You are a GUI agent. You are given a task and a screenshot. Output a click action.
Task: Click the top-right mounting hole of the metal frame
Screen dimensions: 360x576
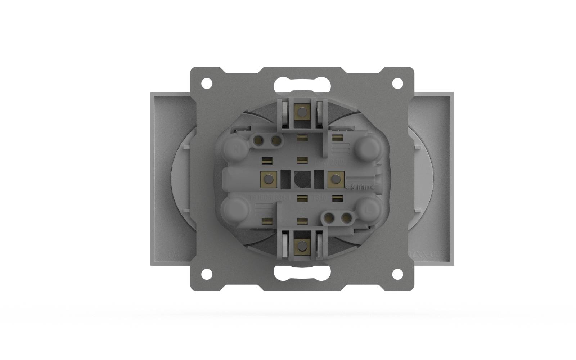coord(397,83)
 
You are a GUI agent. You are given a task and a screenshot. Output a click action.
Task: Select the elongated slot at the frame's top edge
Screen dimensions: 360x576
coord(302,85)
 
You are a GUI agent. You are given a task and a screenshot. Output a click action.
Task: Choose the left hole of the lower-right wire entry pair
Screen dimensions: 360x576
coord(329,217)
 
